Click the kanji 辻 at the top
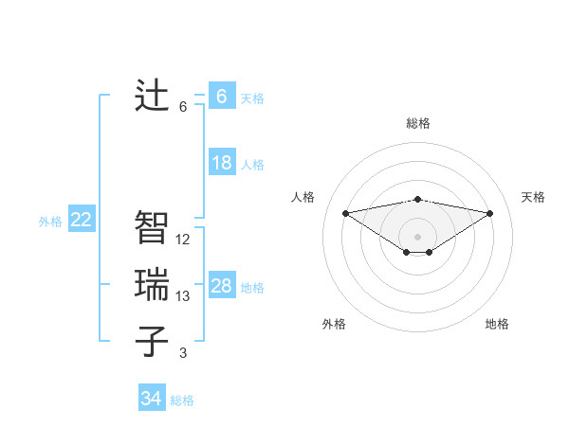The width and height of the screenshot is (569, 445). [x=152, y=96]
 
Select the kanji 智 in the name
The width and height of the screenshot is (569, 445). [x=152, y=228]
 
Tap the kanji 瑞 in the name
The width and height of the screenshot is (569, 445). [x=152, y=285]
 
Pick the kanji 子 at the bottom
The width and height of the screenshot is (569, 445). [x=152, y=342]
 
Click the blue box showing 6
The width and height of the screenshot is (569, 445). [x=221, y=97]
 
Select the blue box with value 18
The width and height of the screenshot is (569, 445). [x=221, y=163]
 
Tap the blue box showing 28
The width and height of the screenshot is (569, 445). [x=221, y=286]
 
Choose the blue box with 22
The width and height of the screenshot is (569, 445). [x=82, y=221]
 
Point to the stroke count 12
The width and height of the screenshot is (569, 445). [x=183, y=240]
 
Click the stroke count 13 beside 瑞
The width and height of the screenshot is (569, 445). [x=183, y=296]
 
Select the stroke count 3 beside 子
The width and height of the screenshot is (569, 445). [x=183, y=353]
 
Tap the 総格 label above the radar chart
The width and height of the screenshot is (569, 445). [x=417, y=123]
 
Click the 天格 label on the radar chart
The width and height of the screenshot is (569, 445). [x=533, y=197]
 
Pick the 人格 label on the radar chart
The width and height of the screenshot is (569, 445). [x=303, y=197]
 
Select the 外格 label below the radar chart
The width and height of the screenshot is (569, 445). [x=334, y=324]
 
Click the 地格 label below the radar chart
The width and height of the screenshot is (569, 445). [x=497, y=324]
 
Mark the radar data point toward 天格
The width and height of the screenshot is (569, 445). [x=490, y=213]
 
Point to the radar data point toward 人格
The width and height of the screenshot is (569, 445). [x=345, y=212]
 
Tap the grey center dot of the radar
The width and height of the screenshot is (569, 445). [x=417, y=236]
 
